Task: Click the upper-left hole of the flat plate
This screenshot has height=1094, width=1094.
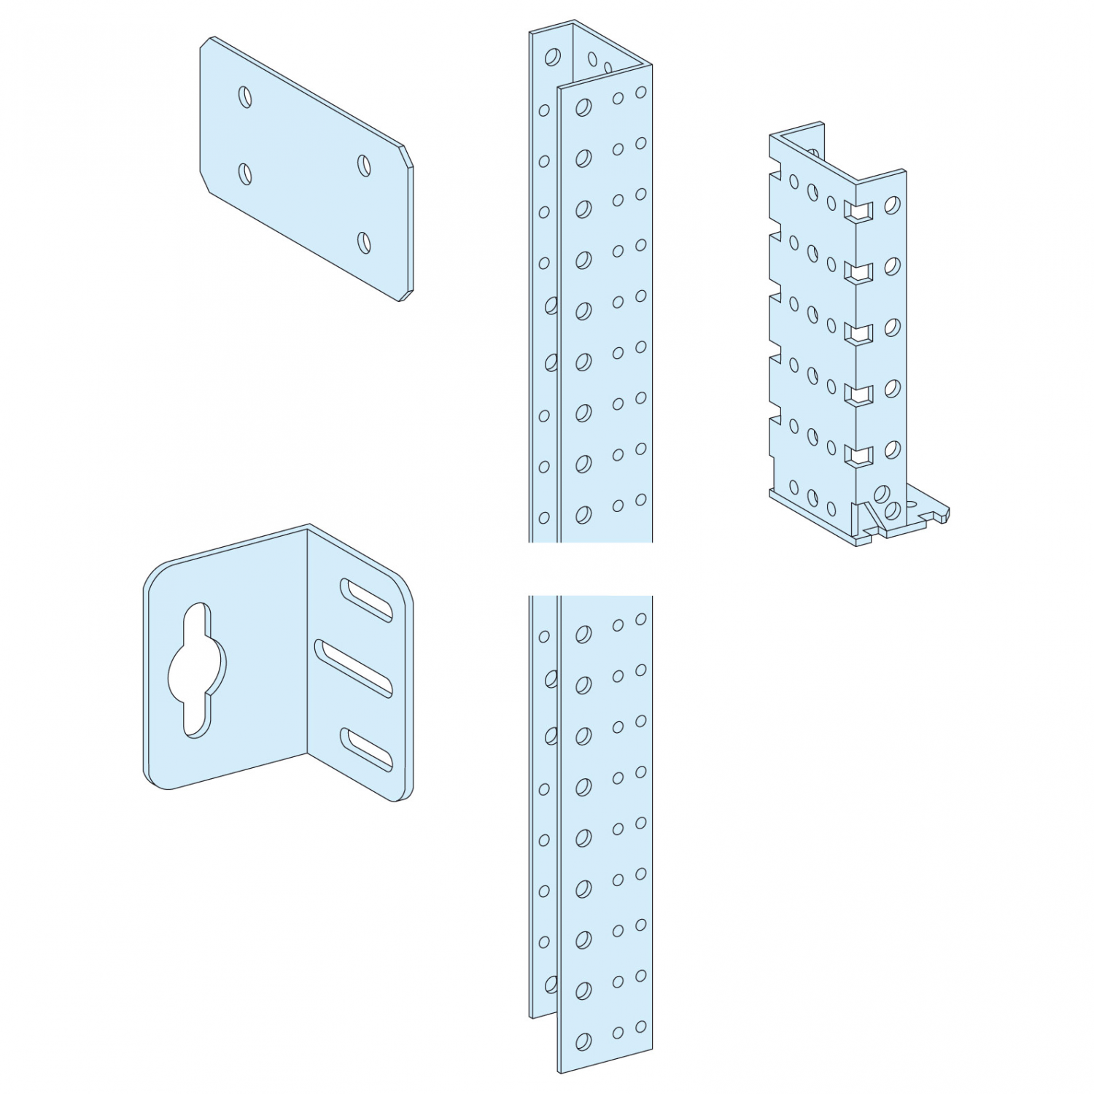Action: coord(245,96)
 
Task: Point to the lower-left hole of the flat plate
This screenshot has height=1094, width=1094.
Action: coord(245,174)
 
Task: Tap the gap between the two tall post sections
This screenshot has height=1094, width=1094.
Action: coord(591,569)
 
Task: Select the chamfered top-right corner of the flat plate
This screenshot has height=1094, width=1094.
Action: coord(408,155)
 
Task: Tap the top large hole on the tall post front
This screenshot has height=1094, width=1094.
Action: coord(583,108)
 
